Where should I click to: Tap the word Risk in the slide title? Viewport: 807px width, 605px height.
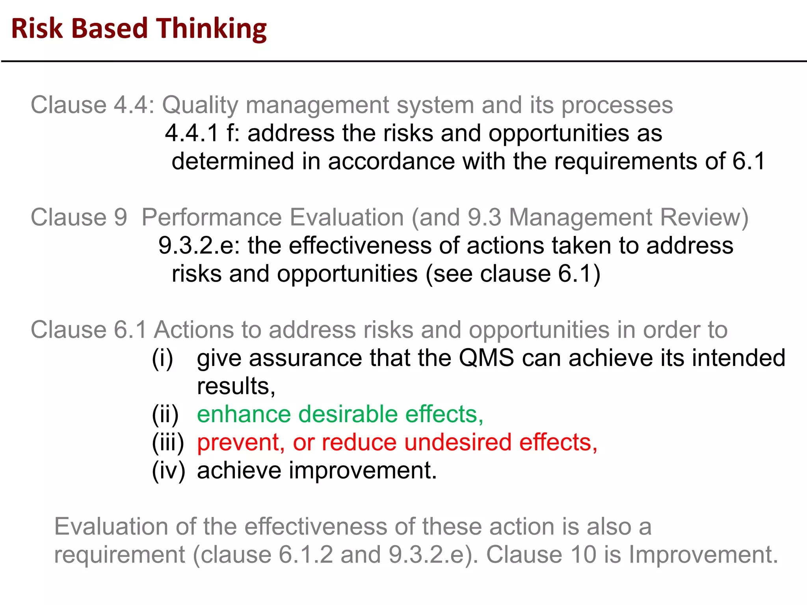pyautogui.click(x=37, y=29)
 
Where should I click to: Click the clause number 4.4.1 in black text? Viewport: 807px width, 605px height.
pyautogui.click(x=192, y=133)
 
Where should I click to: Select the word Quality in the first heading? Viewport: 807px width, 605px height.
pyautogui.click(x=200, y=106)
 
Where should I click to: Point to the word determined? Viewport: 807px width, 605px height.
pyautogui.click(x=233, y=161)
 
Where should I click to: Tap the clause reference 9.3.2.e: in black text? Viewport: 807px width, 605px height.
pyautogui.click(x=199, y=246)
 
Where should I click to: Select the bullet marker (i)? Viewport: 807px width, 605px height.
pyautogui.click(x=162, y=358)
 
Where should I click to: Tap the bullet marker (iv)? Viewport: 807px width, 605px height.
pyautogui.click(x=168, y=471)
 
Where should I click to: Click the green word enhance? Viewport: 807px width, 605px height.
pyautogui.click(x=244, y=415)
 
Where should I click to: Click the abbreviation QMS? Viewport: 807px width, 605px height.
pyautogui.click(x=486, y=358)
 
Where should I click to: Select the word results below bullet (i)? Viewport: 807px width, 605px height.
pyautogui.click(x=236, y=386)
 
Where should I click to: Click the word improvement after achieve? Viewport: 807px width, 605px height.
pyautogui.click(x=363, y=471)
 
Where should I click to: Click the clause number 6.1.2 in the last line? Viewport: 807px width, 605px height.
pyautogui.click(x=306, y=555)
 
